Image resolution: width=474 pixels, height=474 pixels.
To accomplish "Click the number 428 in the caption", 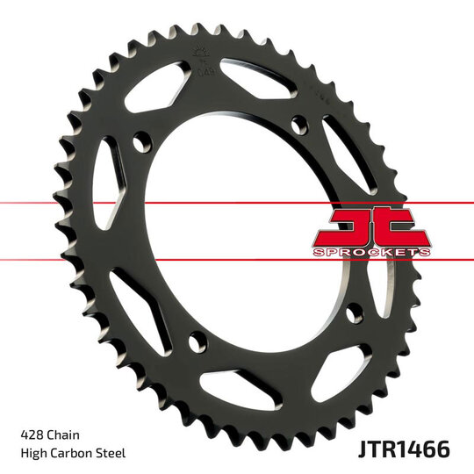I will coord(31,434).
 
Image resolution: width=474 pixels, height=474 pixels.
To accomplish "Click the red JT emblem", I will coord(370,229).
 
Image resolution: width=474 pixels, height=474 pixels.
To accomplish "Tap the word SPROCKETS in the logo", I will coord(370,252).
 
